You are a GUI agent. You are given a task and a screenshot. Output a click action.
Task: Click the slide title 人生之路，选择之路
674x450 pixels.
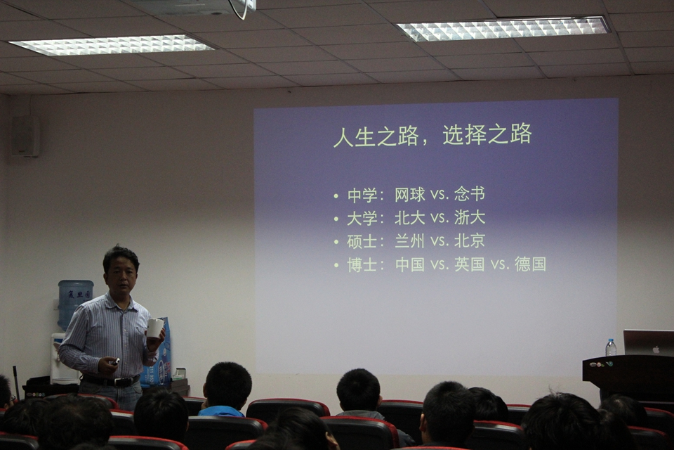(432, 135)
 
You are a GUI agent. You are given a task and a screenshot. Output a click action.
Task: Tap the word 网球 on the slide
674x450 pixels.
(410, 195)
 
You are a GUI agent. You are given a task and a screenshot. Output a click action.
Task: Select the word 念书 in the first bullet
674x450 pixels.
(470, 194)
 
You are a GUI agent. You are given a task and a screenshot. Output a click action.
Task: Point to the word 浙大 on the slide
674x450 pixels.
(470, 217)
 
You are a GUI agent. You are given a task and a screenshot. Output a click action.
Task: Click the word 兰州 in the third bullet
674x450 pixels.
(410, 240)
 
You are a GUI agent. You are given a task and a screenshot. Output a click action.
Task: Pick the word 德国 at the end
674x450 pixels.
(531, 264)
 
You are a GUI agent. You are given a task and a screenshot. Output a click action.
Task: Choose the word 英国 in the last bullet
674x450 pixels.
(470, 264)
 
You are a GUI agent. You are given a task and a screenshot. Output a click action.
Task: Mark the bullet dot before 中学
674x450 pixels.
(336, 196)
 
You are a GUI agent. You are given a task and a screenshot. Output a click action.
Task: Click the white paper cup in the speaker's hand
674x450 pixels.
(155, 328)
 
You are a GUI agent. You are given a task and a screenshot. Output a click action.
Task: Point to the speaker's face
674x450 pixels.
(121, 277)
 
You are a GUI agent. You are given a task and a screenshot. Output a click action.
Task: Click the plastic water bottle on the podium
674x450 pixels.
(611, 347)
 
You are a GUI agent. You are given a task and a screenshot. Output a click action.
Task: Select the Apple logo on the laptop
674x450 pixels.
(656, 349)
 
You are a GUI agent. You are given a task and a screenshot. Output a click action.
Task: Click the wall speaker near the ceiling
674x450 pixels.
(26, 136)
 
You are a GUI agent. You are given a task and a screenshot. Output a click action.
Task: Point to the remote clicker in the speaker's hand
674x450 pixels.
(114, 361)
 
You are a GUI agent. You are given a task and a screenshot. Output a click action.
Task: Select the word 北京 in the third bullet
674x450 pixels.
(470, 240)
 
